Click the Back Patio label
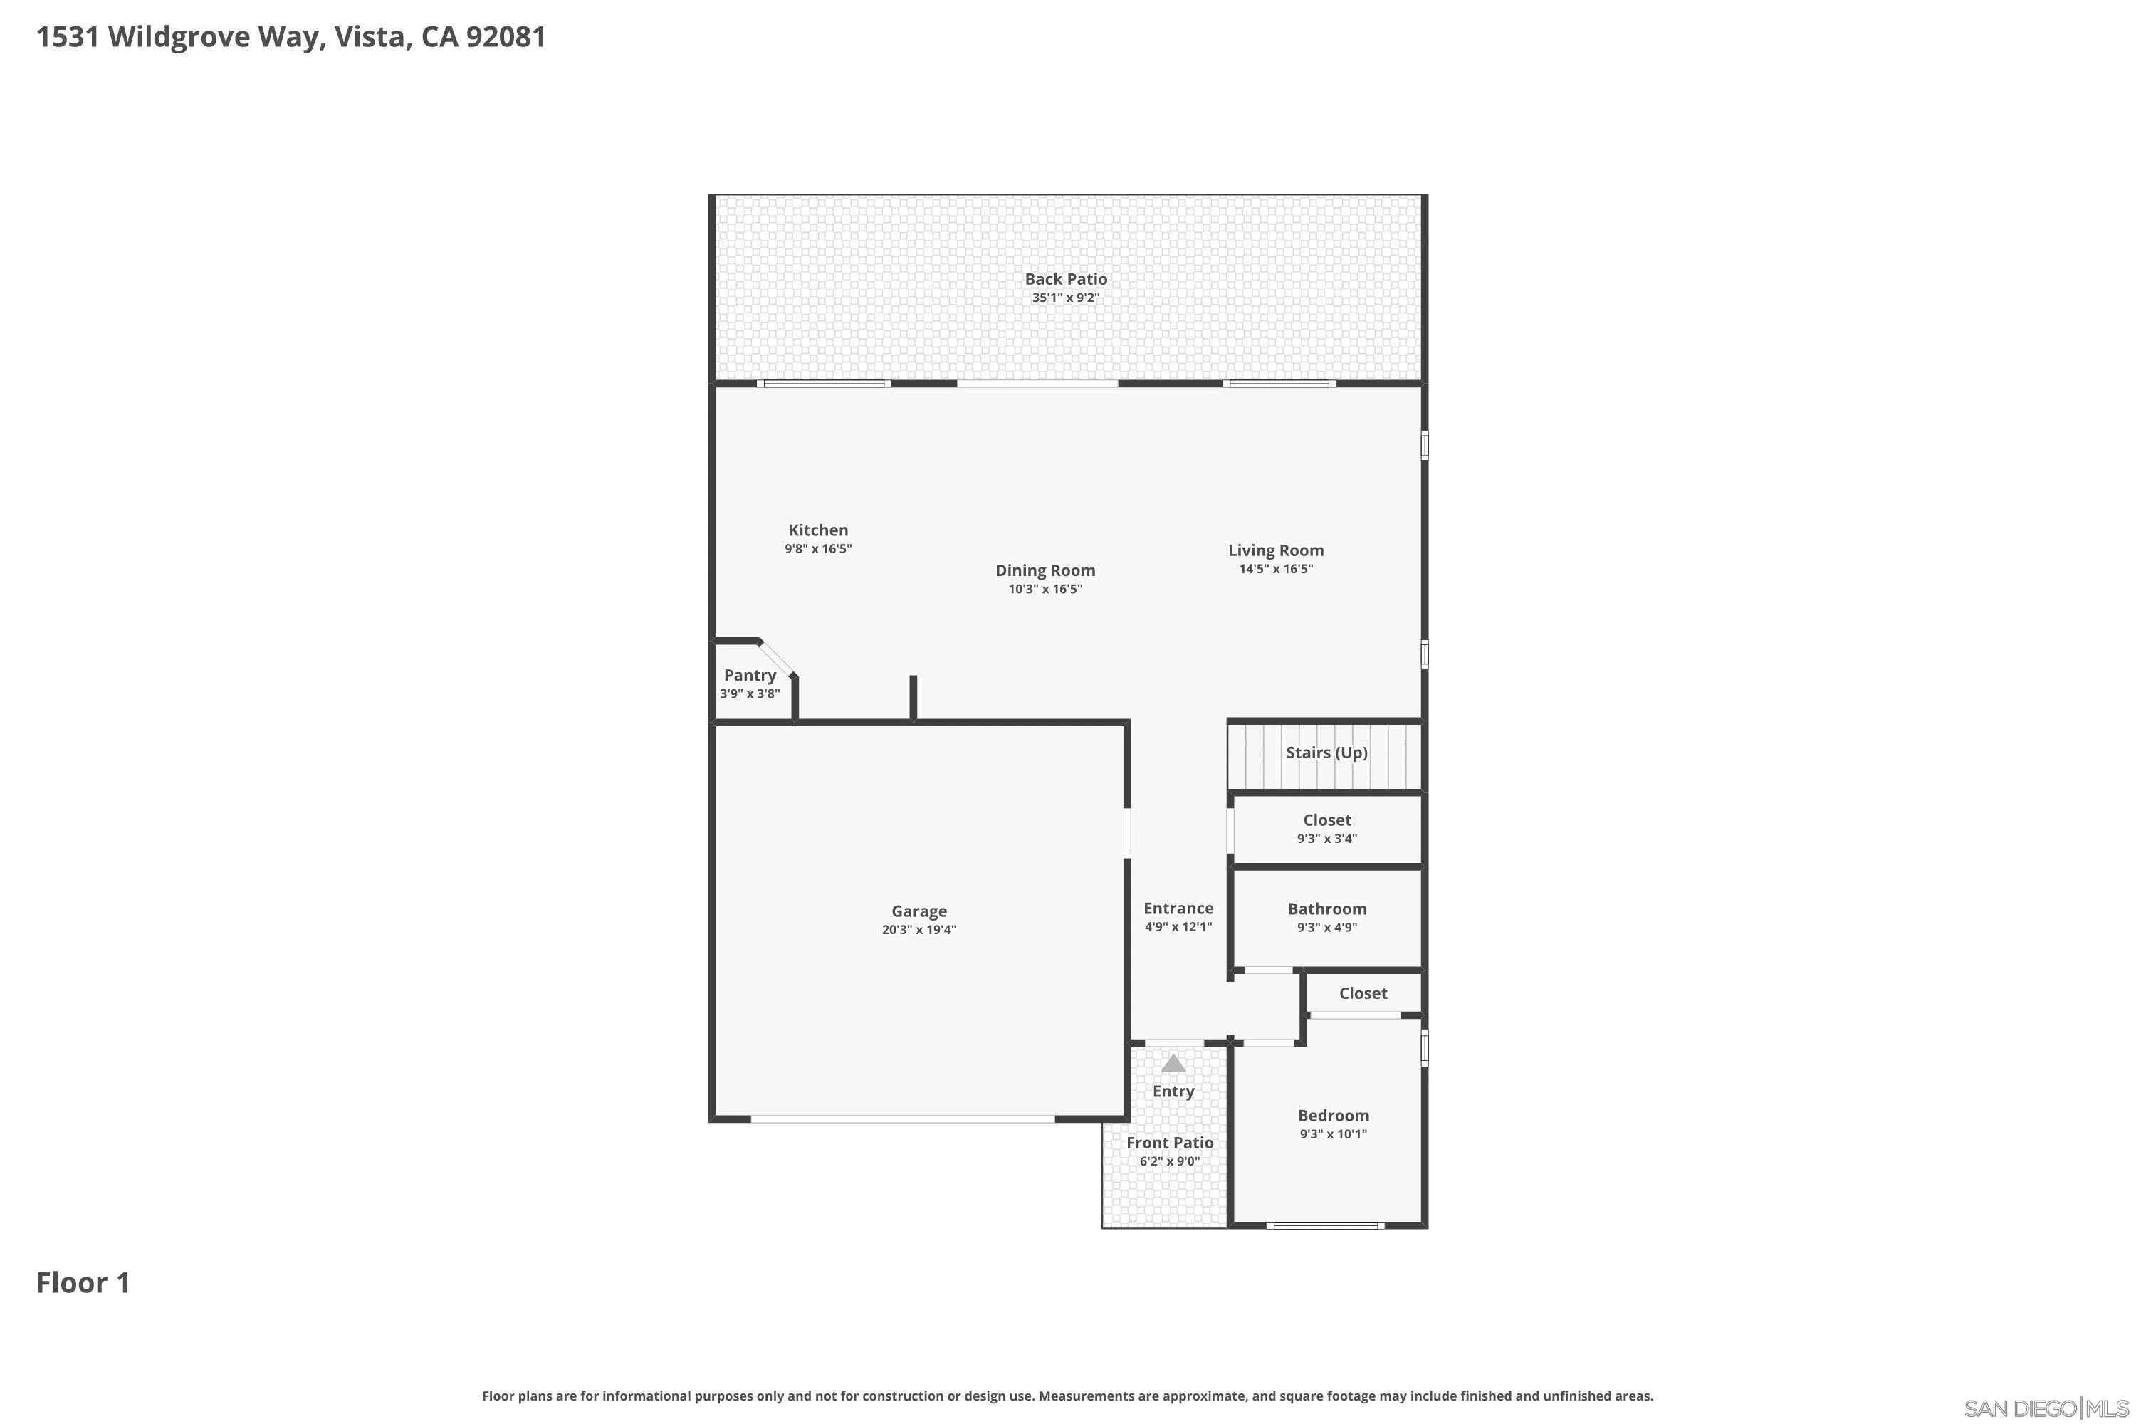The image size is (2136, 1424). [x=1065, y=279]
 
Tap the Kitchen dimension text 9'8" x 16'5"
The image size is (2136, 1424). [x=818, y=548]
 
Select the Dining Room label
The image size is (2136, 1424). [x=1045, y=570]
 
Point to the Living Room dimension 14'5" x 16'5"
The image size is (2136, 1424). [x=1276, y=568]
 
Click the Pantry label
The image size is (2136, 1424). [x=750, y=675]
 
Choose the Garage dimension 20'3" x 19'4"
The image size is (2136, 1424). [x=919, y=929]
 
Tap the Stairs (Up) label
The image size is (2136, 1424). [x=1327, y=752]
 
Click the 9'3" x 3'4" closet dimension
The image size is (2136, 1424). [x=1327, y=838]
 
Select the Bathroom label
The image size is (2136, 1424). [x=1327, y=909]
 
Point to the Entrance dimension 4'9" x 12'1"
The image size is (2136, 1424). [x=1178, y=926]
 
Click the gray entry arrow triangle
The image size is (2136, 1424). [x=1173, y=1064]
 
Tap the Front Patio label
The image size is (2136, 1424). [x=1170, y=1143]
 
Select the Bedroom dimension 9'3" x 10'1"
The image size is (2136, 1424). [x=1333, y=1134]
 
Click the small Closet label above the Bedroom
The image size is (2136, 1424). [x=1363, y=993]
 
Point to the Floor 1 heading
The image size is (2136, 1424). [x=83, y=1282]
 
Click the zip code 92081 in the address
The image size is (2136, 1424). [x=506, y=36]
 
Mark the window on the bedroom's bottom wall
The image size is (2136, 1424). [x=1325, y=1225]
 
